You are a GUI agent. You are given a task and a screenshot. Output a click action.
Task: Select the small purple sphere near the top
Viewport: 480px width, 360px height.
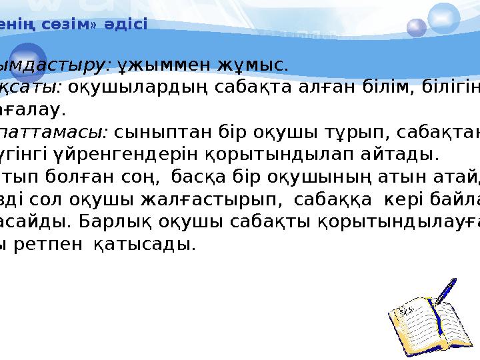click(x=417, y=27)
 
